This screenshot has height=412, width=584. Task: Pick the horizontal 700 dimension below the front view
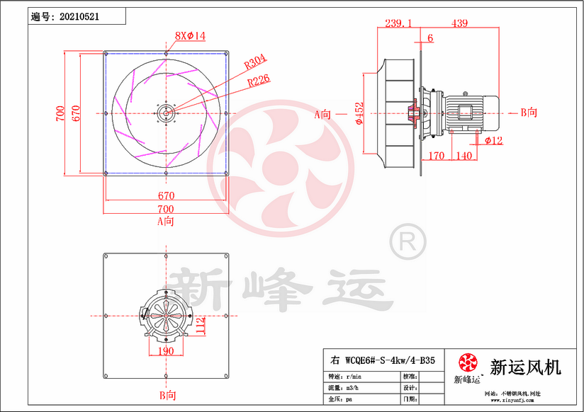[165, 209]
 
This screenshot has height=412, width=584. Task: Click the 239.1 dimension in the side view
[398, 23]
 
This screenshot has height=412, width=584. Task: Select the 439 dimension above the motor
[459, 23]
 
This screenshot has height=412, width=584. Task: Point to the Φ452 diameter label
[359, 113]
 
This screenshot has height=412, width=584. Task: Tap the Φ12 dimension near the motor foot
[495, 141]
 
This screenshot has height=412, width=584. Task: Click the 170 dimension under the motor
[437, 155]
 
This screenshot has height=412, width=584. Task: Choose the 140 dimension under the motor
[465, 155]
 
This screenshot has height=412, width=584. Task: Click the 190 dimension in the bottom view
[165, 350]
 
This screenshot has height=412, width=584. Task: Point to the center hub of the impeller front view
[166, 112]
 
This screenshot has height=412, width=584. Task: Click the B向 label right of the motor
[528, 112]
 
